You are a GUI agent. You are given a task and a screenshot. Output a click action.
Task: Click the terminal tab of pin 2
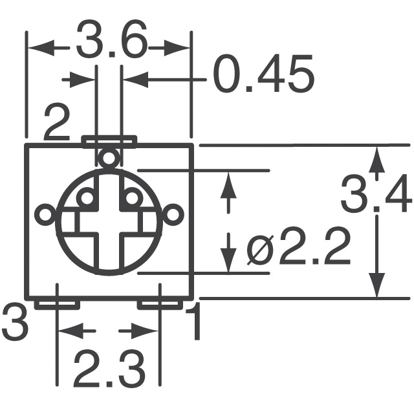pyautogui.click(x=109, y=139)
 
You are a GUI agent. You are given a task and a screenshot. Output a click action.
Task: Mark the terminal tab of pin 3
pyautogui.click(x=57, y=303)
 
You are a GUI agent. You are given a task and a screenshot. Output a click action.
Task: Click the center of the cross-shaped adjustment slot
pyautogui.click(x=109, y=223)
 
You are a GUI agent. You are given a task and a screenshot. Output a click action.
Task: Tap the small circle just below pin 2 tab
pyautogui.click(x=109, y=157)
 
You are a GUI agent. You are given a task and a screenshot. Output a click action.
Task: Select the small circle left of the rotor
pyautogui.click(x=45, y=214)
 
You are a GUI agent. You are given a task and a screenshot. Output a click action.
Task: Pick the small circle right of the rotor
pyautogui.click(x=173, y=214)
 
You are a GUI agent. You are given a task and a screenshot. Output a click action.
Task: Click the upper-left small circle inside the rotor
pyautogui.click(x=85, y=197)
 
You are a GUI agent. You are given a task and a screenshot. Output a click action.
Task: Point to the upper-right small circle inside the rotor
pyautogui.click(x=132, y=197)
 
